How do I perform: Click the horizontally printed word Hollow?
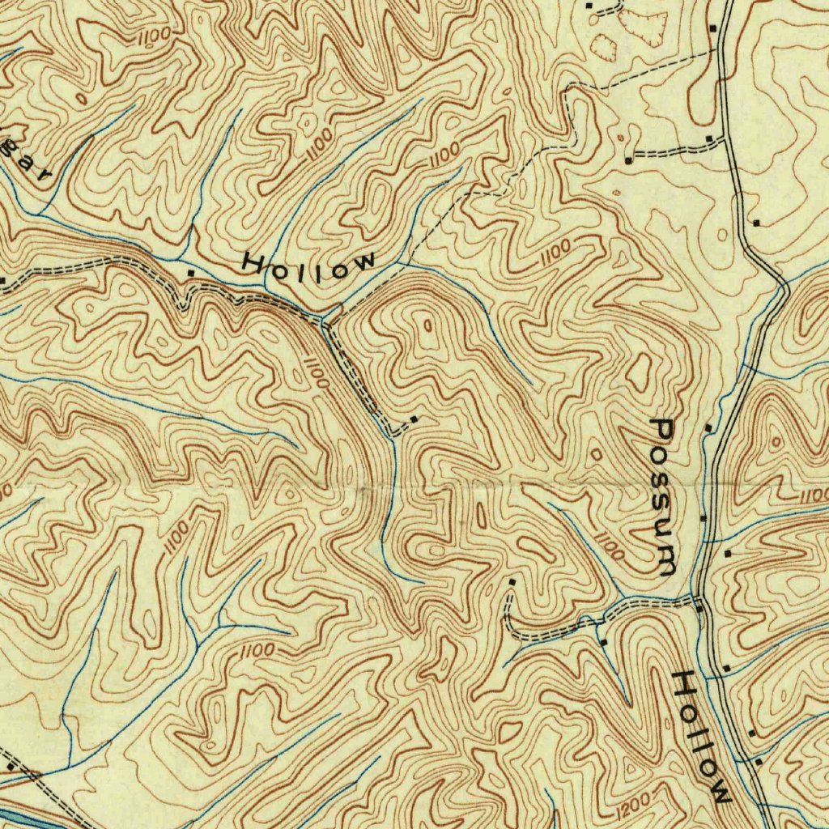309,266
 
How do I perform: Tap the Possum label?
666,496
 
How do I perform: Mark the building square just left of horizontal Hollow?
191,274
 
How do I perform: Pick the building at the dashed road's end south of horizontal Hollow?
414,419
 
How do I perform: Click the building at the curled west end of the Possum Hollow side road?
512,581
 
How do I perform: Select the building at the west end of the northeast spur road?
628,160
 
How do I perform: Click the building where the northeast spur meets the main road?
710,139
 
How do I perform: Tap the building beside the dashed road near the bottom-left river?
11,765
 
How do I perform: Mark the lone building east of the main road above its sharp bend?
756,221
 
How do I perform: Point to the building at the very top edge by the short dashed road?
589,6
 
